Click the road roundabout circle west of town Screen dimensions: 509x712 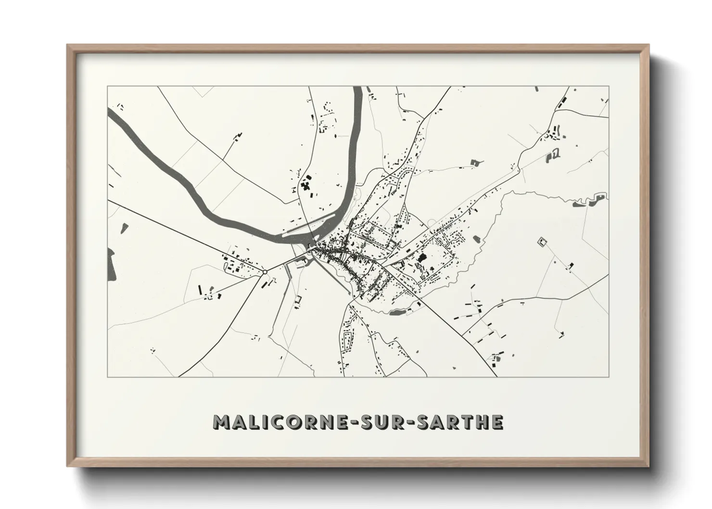(x=265, y=272)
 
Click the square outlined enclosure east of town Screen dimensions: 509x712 (x=543, y=242)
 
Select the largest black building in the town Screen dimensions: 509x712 (x=422, y=258)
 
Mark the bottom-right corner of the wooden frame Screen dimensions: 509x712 (x=648, y=465)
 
